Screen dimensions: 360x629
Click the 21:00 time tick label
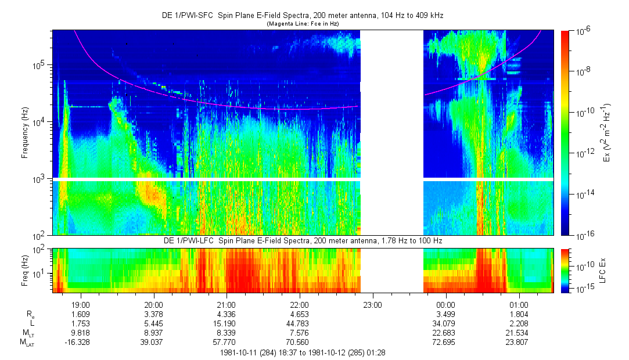coord(226,304)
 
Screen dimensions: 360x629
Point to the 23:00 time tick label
coord(372,304)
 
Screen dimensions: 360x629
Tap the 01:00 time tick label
coord(519,304)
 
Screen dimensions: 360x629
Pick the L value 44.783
coord(299,323)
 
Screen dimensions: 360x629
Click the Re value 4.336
coord(226,314)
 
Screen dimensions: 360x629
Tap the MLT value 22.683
coord(445,333)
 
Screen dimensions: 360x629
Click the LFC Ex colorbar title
coord(604,271)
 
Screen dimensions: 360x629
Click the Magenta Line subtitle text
coord(302,24)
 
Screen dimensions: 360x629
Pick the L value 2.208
coord(519,323)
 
